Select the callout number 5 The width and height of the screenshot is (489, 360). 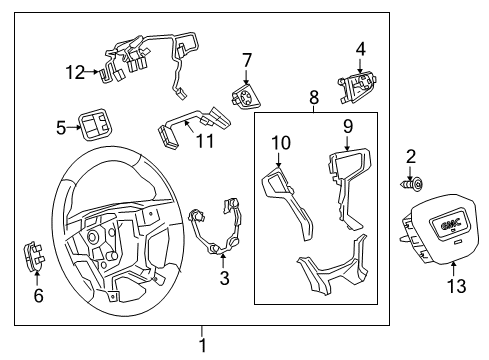click(x=61, y=128)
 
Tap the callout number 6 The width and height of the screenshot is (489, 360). click(x=39, y=296)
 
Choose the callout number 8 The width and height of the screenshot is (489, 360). click(x=314, y=98)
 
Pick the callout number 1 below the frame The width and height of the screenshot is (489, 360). click(x=203, y=345)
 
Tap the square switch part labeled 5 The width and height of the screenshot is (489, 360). click(x=98, y=127)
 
